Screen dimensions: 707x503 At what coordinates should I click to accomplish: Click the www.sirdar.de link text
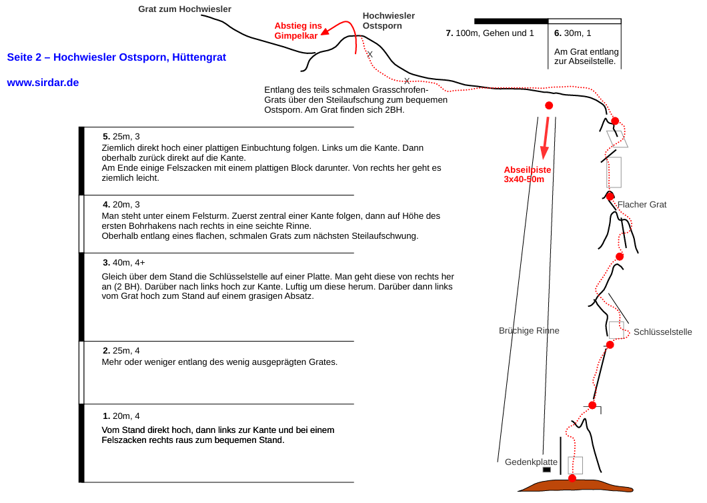coord(43,83)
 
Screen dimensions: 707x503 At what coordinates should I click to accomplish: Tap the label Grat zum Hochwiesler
coord(184,9)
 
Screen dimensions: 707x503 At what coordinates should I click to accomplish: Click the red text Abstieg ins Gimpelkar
coord(298,31)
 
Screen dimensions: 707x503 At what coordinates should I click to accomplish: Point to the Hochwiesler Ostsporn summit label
coord(388,21)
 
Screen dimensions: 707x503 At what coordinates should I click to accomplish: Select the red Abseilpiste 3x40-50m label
coord(527,174)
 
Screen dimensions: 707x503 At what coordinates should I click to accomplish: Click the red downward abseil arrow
coord(546,137)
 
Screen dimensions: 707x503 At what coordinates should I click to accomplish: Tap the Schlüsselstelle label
coord(662,332)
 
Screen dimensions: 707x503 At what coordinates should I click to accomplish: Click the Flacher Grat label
coord(642,204)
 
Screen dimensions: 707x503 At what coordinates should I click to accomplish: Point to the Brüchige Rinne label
coord(529,331)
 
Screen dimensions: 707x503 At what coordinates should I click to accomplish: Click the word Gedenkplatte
coord(531,462)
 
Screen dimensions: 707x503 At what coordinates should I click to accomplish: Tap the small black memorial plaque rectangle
coord(546,470)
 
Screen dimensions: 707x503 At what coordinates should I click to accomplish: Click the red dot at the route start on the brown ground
coord(572,478)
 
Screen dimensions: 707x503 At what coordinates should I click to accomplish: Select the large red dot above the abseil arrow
coord(549,105)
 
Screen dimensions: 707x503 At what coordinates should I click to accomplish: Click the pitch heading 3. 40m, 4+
coord(124,263)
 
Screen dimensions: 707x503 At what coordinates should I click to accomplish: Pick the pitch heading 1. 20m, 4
coord(121,416)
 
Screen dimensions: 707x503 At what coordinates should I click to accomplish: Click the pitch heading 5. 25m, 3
coord(121,136)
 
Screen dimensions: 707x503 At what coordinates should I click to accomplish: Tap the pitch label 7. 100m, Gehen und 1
coord(490,33)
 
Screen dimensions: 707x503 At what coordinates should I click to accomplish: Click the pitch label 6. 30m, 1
coord(573,33)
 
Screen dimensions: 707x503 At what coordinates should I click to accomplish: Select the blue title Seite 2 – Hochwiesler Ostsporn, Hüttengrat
coord(116,57)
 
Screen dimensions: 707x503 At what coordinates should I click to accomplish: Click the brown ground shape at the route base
coord(576,486)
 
